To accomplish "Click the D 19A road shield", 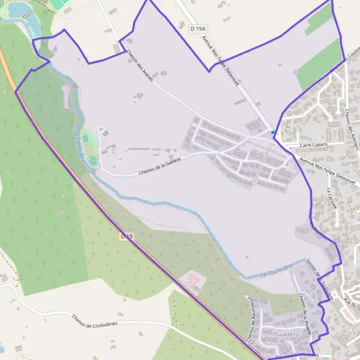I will point(196,28).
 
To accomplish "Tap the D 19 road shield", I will point(126,237).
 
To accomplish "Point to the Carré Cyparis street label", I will point(313,145).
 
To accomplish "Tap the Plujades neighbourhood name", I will point(284,334).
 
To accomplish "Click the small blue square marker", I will point(272,133).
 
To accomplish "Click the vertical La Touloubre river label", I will point(79,147).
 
